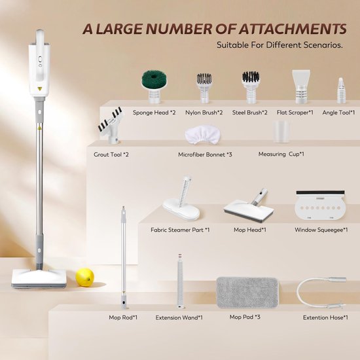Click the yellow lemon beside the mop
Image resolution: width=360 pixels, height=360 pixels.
(x=84, y=278)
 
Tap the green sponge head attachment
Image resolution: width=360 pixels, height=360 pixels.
(x=154, y=87)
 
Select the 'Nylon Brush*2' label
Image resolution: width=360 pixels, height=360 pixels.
(x=204, y=113)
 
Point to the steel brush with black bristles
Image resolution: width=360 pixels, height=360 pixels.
(x=251, y=88)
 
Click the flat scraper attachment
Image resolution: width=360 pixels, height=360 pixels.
(x=301, y=86)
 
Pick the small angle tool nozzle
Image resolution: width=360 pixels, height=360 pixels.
(x=341, y=90)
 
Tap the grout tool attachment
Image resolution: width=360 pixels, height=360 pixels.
(x=111, y=126)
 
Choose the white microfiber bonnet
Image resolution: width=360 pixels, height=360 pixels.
(x=202, y=135)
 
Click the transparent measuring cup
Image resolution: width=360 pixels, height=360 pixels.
(x=281, y=132)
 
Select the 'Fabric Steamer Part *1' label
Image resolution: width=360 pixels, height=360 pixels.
(x=180, y=230)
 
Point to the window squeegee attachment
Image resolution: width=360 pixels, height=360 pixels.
(x=320, y=205)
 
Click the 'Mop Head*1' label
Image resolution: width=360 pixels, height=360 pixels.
(x=250, y=230)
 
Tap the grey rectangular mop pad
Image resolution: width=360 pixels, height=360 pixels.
(x=247, y=293)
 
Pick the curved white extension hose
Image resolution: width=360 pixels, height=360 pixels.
(x=321, y=293)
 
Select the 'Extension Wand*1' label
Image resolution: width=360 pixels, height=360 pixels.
(x=179, y=317)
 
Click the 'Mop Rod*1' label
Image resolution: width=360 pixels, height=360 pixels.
(x=123, y=317)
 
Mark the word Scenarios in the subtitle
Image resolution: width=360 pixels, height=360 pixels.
(x=323, y=45)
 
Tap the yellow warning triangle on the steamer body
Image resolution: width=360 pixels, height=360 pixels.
(x=40, y=88)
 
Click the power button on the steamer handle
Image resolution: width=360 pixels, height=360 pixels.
(x=40, y=60)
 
